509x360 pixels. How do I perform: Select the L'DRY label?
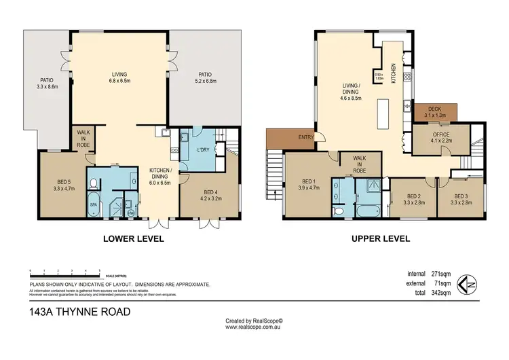(x=202, y=149)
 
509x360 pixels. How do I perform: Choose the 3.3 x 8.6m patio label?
(x=48, y=87)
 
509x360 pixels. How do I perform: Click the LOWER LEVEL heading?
(x=133, y=239)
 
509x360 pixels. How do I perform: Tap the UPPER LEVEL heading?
(x=381, y=239)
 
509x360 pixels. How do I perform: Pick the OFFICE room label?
(x=441, y=134)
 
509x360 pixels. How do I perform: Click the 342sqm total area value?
(x=441, y=293)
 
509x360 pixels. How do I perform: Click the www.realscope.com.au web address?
(x=254, y=327)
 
